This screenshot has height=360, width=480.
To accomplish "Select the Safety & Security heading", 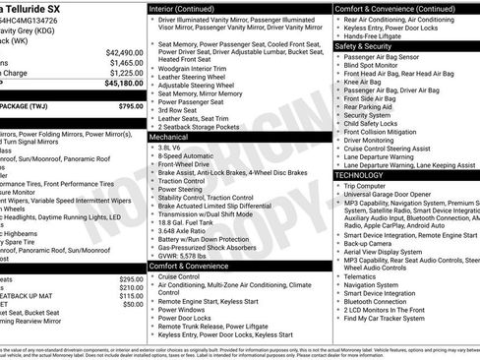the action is point(363,45).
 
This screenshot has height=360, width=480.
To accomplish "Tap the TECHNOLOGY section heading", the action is point(359,174).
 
